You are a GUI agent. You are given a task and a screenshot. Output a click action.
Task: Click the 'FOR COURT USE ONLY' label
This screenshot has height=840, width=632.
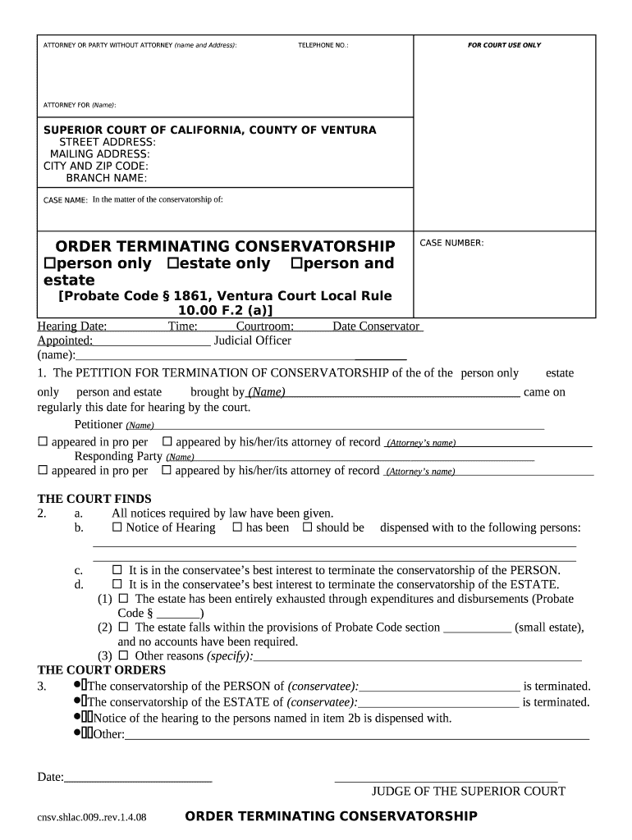click(504, 45)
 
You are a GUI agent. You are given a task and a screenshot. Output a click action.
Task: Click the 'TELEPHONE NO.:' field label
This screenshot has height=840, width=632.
click(323, 45)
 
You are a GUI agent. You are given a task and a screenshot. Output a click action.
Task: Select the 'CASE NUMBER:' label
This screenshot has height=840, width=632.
click(451, 243)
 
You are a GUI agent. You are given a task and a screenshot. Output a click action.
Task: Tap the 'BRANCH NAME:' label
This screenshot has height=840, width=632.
click(107, 178)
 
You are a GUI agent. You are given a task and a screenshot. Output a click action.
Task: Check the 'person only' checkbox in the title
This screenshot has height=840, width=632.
click(48, 263)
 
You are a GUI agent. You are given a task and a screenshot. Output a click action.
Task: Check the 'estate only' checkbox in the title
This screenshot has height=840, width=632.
click(172, 263)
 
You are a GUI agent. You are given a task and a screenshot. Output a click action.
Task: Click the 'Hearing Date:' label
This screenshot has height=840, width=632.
click(72, 326)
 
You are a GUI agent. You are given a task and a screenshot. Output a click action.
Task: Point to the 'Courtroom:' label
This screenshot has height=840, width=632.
click(265, 326)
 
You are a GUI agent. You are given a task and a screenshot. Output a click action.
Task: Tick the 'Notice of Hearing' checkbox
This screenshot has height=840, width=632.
click(117, 527)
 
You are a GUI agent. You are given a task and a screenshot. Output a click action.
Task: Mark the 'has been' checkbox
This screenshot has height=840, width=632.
click(238, 527)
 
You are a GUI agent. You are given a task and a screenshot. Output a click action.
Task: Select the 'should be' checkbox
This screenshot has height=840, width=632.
click(308, 527)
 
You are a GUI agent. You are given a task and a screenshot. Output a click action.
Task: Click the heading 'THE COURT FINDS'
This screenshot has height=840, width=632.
click(94, 499)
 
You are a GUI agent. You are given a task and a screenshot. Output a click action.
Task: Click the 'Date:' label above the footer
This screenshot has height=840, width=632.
click(51, 776)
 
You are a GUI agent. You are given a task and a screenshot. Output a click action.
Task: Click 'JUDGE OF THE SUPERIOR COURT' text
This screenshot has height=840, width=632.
click(469, 791)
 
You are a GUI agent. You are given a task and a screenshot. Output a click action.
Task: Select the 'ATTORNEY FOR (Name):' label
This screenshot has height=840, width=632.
click(80, 105)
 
